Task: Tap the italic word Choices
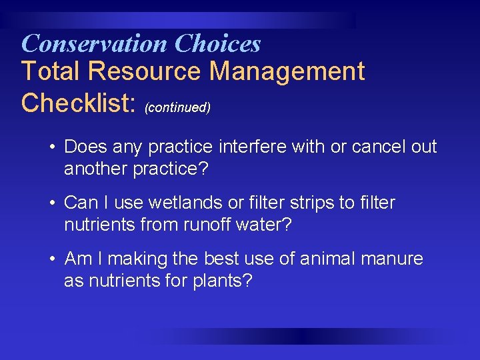217,44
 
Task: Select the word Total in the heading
49,71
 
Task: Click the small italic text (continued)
177,107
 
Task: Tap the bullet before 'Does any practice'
51,147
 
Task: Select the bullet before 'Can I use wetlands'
51,203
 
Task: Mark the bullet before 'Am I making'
51,259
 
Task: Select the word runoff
203,225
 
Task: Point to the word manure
391,259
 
